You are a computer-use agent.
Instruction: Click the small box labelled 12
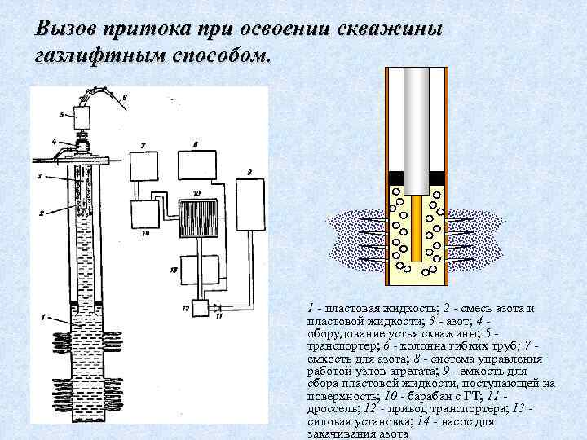(x=199, y=308)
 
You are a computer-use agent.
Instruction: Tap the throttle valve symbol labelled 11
(x=218, y=308)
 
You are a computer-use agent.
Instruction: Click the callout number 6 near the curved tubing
(x=124, y=98)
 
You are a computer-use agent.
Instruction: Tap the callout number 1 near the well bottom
(x=42, y=314)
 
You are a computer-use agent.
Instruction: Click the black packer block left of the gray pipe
(x=396, y=177)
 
